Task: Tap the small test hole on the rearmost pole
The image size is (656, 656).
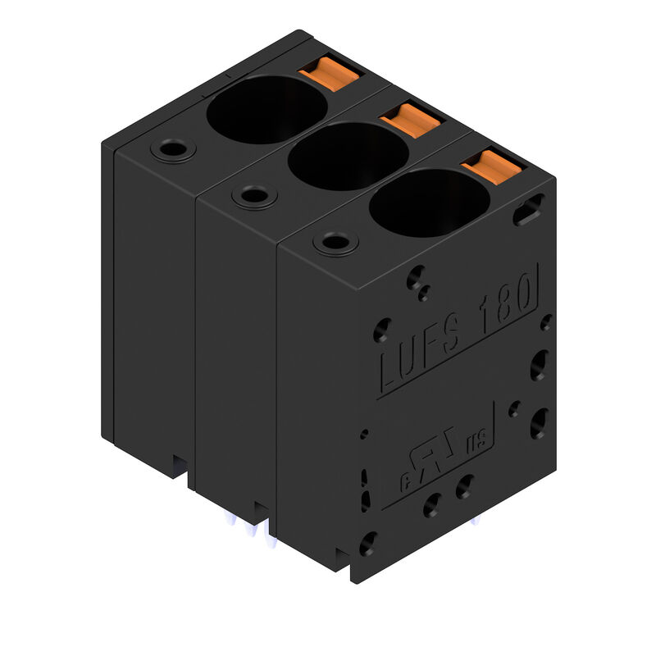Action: [x=173, y=151]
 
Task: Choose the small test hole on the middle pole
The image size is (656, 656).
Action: [x=254, y=196]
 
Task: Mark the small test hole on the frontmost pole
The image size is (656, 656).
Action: [x=335, y=242]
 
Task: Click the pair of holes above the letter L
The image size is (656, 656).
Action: [x=419, y=283]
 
